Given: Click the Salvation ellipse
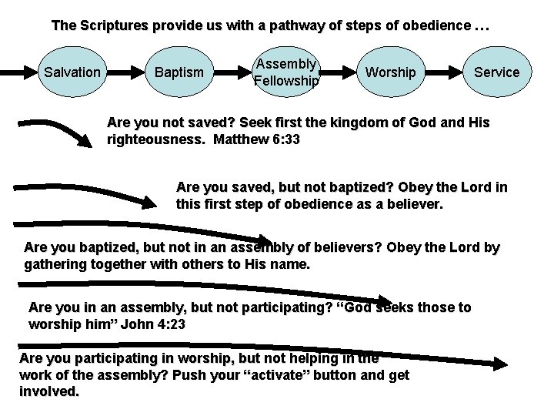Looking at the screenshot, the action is [x=72, y=72].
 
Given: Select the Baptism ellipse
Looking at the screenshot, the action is [x=179, y=72].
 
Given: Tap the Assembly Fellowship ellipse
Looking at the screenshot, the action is [x=286, y=72].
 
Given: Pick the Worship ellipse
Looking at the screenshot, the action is [x=390, y=72].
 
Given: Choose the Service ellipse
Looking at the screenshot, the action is [x=496, y=72].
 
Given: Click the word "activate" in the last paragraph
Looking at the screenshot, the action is [x=254, y=375].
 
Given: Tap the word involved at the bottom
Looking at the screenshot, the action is [x=48, y=391].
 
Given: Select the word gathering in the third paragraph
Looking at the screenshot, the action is [x=55, y=264].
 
